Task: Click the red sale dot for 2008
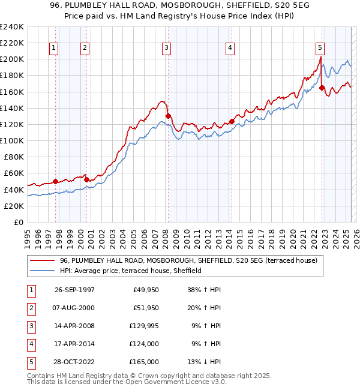pos(168,116)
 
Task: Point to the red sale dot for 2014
pos(232,121)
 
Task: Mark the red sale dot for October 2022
pos(322,88)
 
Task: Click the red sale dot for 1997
pos(56,181)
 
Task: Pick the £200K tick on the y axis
pos(11,59)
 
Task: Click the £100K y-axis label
pos(11,140)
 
